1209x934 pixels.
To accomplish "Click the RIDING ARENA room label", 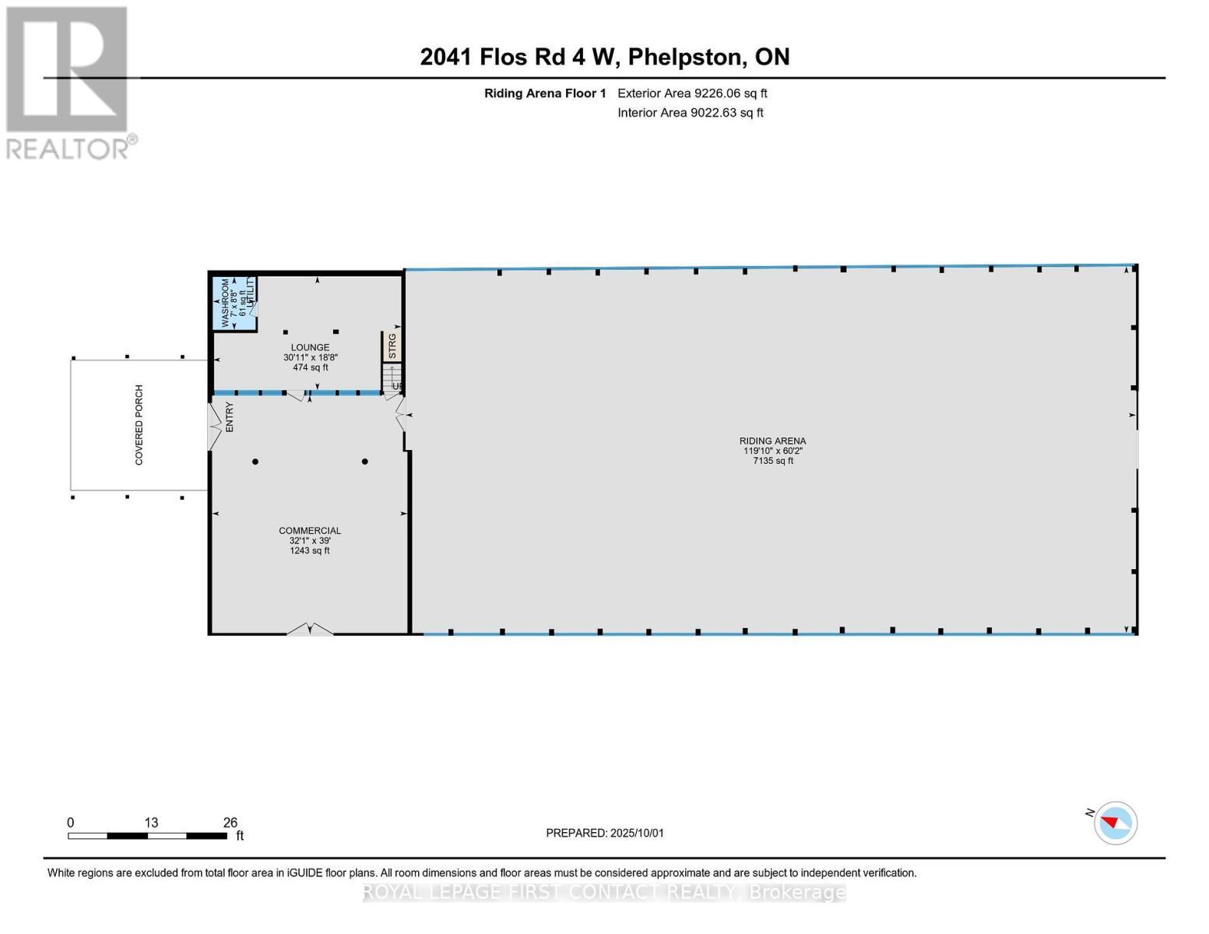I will tap(772, 441).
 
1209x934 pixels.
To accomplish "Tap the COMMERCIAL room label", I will tap(310, 531).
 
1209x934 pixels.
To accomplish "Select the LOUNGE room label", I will tap(310, 347).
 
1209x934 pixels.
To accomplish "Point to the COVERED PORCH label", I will tap(139, 425).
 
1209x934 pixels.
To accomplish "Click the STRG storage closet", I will tap(392, 346).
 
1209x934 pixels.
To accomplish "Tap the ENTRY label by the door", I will tap(230, 417).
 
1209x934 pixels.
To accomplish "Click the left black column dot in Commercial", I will tap(255, 462).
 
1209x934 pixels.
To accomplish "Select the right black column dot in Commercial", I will tap(364, 462).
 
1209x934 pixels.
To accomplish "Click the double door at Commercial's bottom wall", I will tap(310, 629).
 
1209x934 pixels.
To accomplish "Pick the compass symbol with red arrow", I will tap(1115, 823).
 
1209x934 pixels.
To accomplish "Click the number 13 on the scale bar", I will tap(151, 823).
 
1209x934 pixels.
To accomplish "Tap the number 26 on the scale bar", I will tap(230, 823).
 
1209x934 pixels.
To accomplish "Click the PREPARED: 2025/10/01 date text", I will tap(605, 833).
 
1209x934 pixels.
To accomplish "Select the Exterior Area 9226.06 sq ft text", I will tap(692, 93).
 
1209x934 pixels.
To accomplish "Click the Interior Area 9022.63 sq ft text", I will tap(691, 113).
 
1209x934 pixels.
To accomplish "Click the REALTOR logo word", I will tap(69, 148).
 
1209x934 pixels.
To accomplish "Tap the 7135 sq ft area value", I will tap(772, 461).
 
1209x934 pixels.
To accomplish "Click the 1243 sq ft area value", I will tap(310, 551).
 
